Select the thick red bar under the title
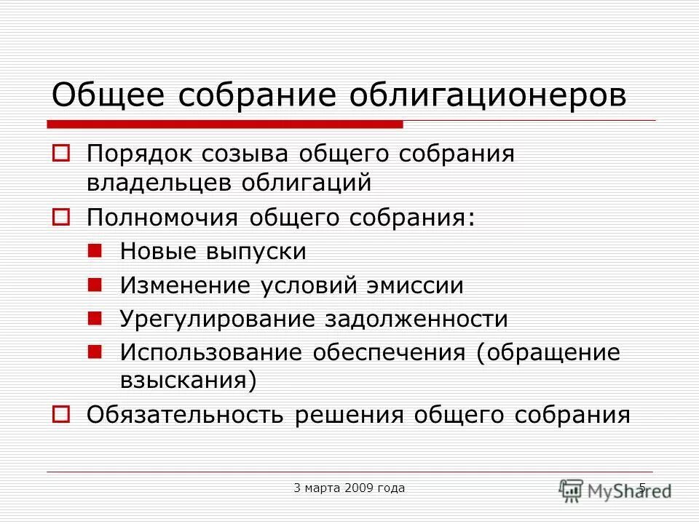pyautogui.click(x=226, y=124)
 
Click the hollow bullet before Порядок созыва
pyautogui.click(x=61, y=154)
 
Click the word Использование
pyautogui.click(x=212, y=353)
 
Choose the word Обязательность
pyautogui.click(x=186, y=415)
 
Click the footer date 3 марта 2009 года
pyautogui.click(x=349, y=488)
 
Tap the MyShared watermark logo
pyautogui.click(x=615, y=489)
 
